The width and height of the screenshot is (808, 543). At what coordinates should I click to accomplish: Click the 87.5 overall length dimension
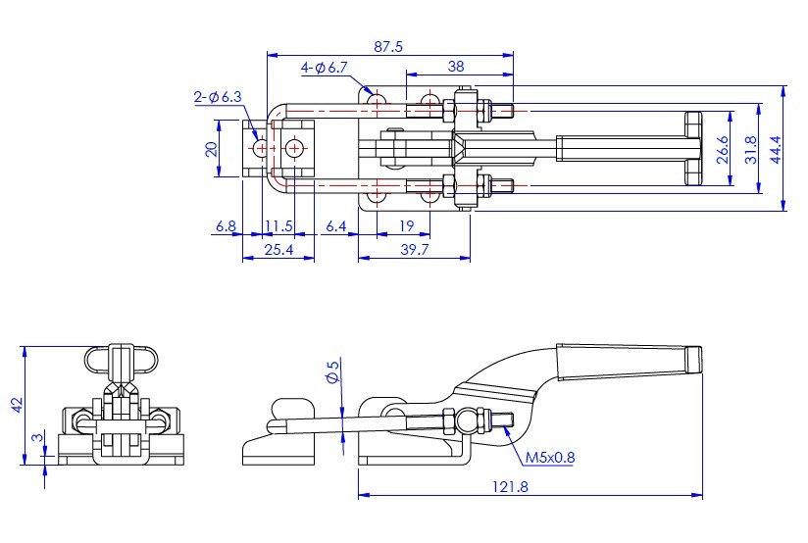click(389, 46)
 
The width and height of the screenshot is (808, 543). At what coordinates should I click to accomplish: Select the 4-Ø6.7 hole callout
click(325, 68)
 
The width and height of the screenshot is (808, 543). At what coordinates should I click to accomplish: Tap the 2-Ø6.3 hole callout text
click(217, 96)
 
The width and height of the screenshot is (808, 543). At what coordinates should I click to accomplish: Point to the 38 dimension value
click(455, 67)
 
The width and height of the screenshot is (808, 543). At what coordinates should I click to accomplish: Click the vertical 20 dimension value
click(210, 149)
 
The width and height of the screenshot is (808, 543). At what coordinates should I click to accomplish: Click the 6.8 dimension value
click(226, 226)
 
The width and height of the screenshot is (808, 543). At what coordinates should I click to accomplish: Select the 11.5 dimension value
click(279, 226)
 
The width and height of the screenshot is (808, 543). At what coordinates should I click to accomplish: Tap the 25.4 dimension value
click(279, 251)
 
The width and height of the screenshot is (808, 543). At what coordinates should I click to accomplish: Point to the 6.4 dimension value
click(335, 226)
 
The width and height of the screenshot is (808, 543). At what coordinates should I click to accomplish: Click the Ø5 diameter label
click(332, 371)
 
